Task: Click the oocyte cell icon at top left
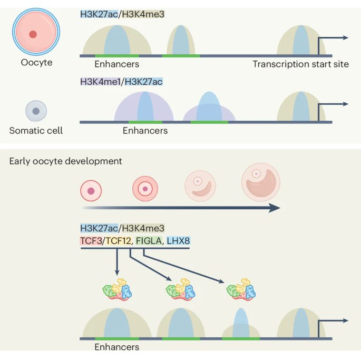point(33,34)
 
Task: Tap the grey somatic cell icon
point(36,111)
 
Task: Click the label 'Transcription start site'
point(300,64)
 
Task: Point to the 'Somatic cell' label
point(36,130)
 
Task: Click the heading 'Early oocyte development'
point(65,161)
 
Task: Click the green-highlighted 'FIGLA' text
point(148,241)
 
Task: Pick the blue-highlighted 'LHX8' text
point(178,241)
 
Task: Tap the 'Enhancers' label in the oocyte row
point(117,64)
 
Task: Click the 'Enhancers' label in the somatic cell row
point(145,130)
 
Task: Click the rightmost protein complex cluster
point(240,290)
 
